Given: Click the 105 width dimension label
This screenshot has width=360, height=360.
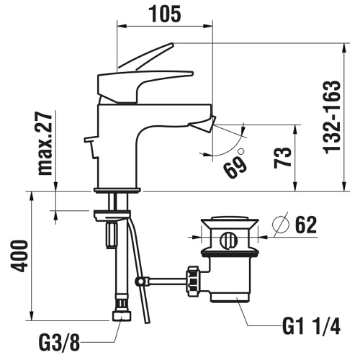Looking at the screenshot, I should click(x=164, y=12).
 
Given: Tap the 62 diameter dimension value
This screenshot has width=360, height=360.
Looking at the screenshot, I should click(x=306, y=226).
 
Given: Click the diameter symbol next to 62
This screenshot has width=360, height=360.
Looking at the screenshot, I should click(x=279, y=226).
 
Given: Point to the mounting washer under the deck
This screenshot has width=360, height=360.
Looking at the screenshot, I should click(x=112, y=213).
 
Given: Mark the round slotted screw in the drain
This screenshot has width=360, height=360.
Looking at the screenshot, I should click(x=229, y=240).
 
